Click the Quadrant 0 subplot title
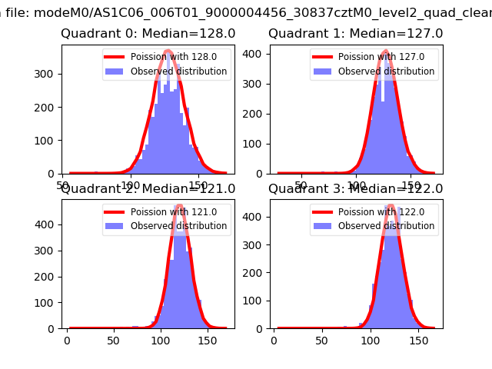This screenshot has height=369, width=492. [x=148, y=34]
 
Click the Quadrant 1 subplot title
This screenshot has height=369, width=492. [x=356, y=34]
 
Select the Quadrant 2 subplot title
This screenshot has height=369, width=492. [x=148, y=189]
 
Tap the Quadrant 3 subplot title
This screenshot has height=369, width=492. [x=356, y=189]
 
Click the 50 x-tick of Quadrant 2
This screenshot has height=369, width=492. [x=114, y=339]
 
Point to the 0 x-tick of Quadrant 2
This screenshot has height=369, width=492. [x=67, y=339]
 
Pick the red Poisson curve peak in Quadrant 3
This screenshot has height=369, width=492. [x=390, y=205]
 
